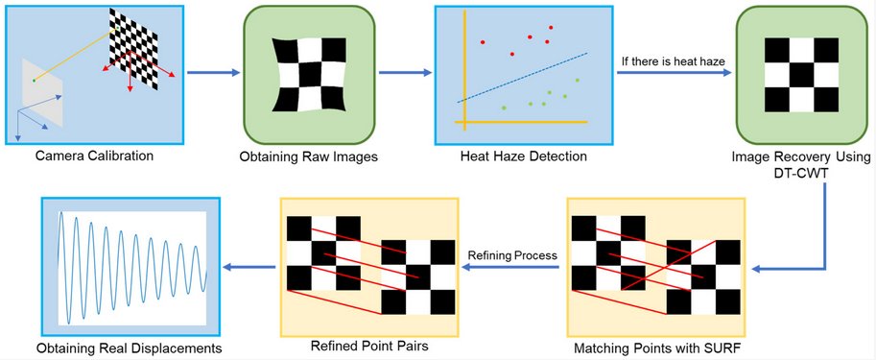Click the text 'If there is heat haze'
pos(672,61)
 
